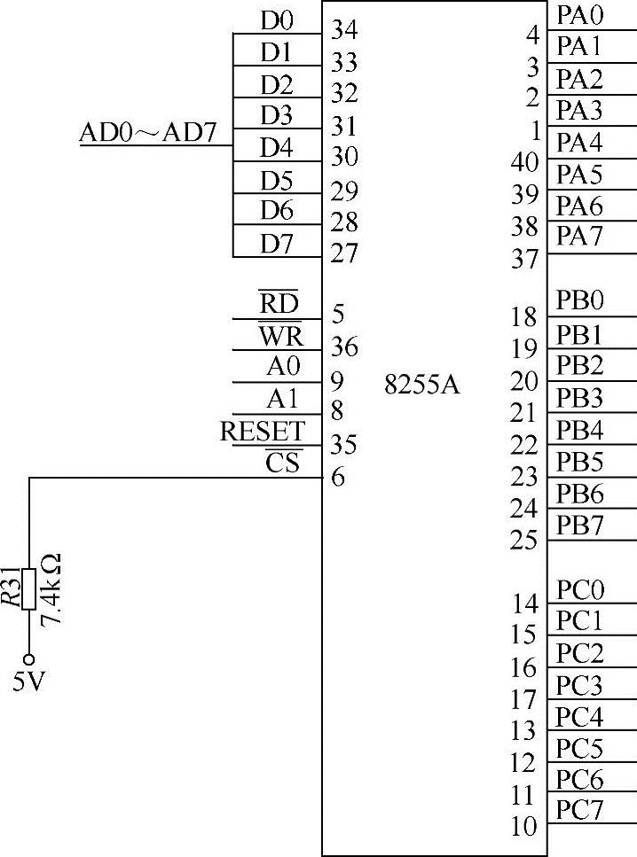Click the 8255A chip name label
(x=423, y=387)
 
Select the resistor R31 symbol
(x=29, y=589)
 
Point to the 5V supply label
(x=28, y=685)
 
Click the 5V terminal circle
(x=29, y=659)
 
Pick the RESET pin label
(x=262, y=432)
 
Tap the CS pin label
(x=283, y=463)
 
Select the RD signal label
(x=279, y=304)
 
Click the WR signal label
(x=279, y=336)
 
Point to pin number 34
(x=343, y=31)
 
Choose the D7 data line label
(x=276, y=243)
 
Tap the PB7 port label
(x=579, y=525)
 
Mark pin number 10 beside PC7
(x=524, y=827)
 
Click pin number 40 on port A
(x=526, y=163)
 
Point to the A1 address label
(x=283, y=399)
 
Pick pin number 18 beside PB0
(x=524, y=316)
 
